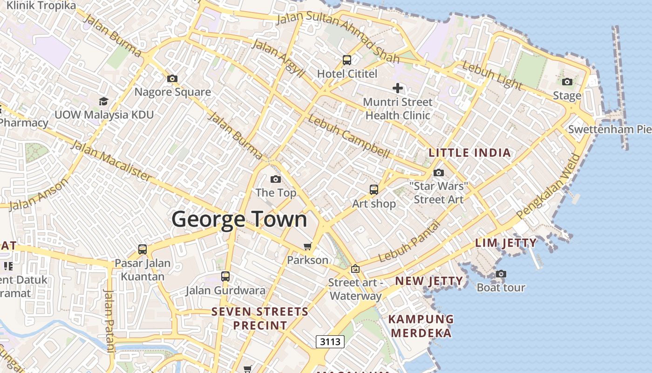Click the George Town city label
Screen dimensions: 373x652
(x=239, y=220)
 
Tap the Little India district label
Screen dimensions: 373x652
(x=469, y=153)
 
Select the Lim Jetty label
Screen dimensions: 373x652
(x=506, y=243)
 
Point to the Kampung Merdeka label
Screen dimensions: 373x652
(x=421, y=326)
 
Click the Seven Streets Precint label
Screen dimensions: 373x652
(x=260, y=318)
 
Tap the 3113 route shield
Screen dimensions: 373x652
(x=330, y=342)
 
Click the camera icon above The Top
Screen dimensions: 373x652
(x=276, y=179)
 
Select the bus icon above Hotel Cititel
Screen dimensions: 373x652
(x=347, y=60)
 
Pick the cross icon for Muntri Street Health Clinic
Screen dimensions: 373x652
(x=398, y=88)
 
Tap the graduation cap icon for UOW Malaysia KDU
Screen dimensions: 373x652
(x=103, y=101)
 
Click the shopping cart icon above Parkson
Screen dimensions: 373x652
(x=307, y=246)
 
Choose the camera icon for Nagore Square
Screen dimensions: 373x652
(x=172, y=78)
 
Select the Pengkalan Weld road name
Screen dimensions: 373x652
(x=549, y=186)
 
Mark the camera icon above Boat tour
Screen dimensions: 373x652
(x=501, y=274)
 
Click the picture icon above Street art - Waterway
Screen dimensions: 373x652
(x=355, y=269)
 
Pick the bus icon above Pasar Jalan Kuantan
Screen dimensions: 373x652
(x=143, y=249)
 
